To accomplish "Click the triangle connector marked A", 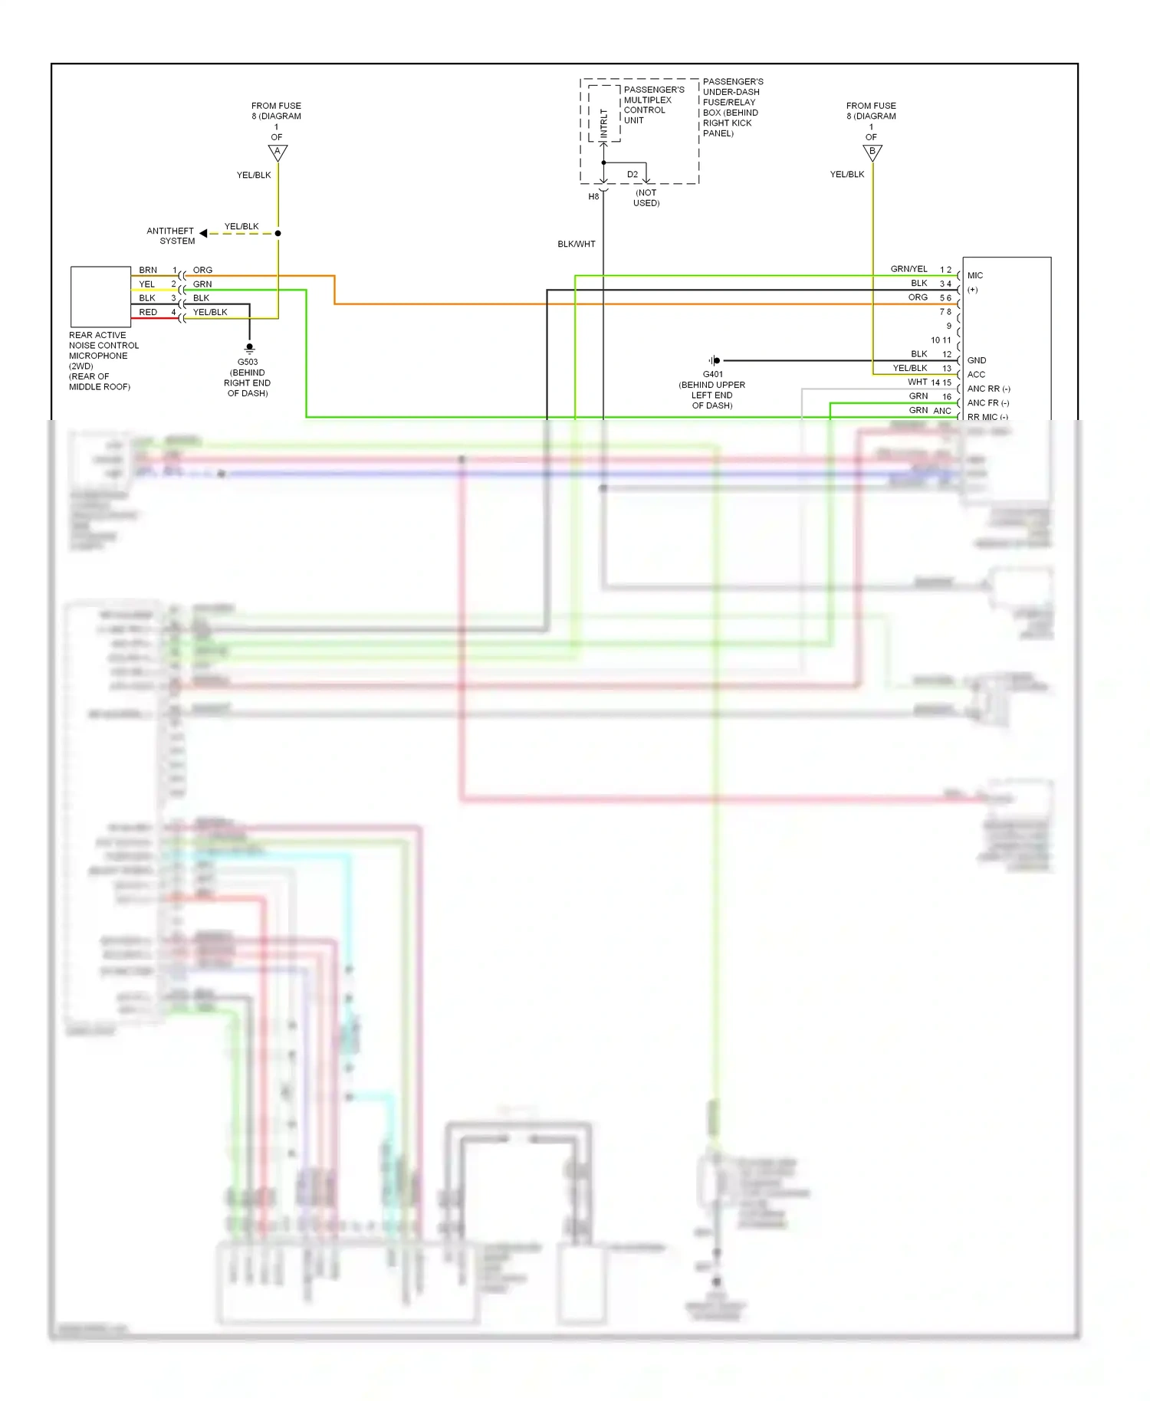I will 278,153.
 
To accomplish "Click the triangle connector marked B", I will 872,153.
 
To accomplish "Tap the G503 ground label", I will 248,362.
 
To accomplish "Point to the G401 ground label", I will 712,374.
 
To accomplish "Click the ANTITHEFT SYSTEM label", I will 172,235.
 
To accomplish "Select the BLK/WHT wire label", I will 577,244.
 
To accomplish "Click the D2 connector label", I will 632,174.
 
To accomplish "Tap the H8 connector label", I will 593,197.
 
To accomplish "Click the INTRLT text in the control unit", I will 604,123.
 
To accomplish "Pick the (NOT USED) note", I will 646,198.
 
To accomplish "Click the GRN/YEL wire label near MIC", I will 909,269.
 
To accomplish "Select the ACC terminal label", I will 976,374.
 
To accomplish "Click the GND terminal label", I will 977,360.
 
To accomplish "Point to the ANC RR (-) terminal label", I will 988,389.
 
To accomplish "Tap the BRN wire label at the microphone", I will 148,270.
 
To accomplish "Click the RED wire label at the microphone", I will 148,312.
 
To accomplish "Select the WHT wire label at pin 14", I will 918,382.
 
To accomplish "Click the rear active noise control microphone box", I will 100,297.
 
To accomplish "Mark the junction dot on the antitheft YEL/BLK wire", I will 278,233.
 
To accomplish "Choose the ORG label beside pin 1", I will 202,270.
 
